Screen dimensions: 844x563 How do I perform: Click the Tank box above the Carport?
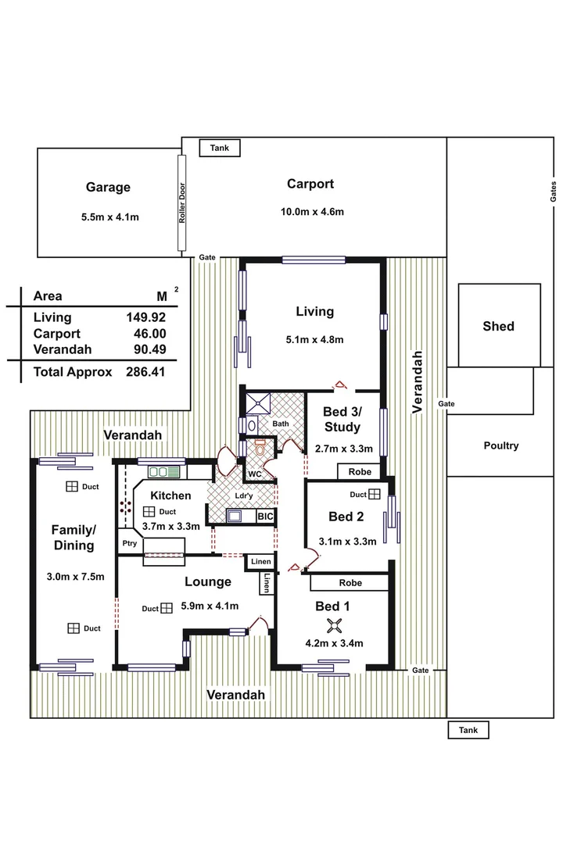[220, 148]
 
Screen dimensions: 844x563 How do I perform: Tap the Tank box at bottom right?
[468, 730]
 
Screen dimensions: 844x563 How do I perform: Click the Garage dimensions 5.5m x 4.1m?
[109, 216]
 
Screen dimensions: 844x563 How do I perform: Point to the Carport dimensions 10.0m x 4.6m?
[312, 212]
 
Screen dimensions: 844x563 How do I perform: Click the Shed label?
[498, 326]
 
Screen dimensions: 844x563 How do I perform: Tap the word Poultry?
[500, 445]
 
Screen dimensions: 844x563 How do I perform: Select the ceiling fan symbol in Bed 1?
[335, 624]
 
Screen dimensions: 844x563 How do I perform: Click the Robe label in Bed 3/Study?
[360, 472]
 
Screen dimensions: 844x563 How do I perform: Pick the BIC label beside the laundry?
[266, 516]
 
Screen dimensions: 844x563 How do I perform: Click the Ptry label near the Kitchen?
[129, 544]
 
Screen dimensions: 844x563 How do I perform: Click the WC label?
[254, 474]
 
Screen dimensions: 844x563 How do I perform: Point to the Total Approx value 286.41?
[147, 372]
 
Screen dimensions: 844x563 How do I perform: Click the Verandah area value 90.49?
[147, 349]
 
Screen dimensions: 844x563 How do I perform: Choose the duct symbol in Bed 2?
[375, 494]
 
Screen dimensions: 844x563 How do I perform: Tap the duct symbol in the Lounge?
[167, 608]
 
